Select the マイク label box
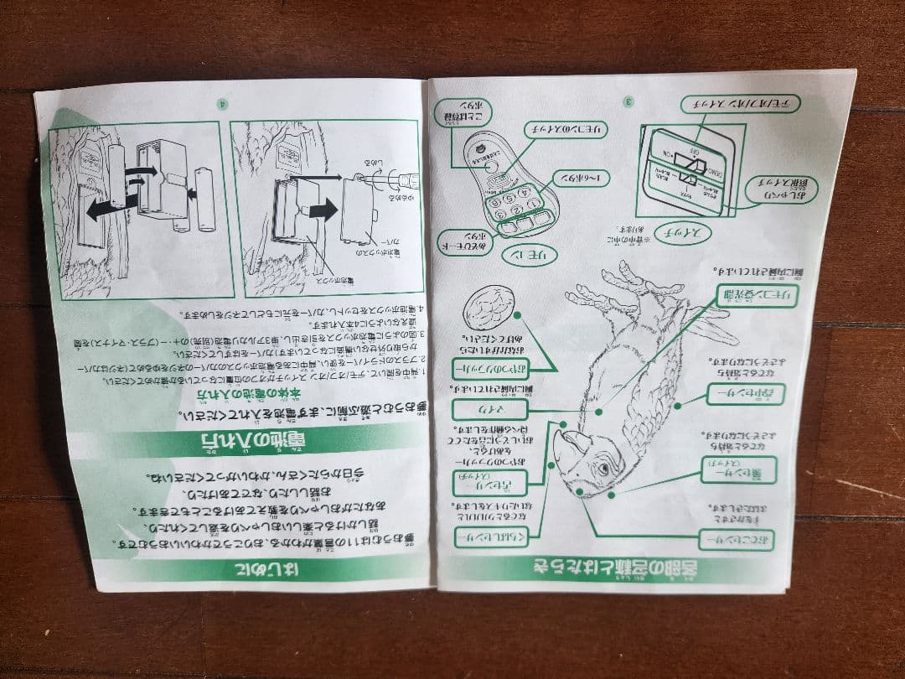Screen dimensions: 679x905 point(489,408)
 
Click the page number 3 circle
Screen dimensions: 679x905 point(629,101)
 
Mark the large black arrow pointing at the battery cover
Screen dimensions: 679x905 point(323,209)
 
